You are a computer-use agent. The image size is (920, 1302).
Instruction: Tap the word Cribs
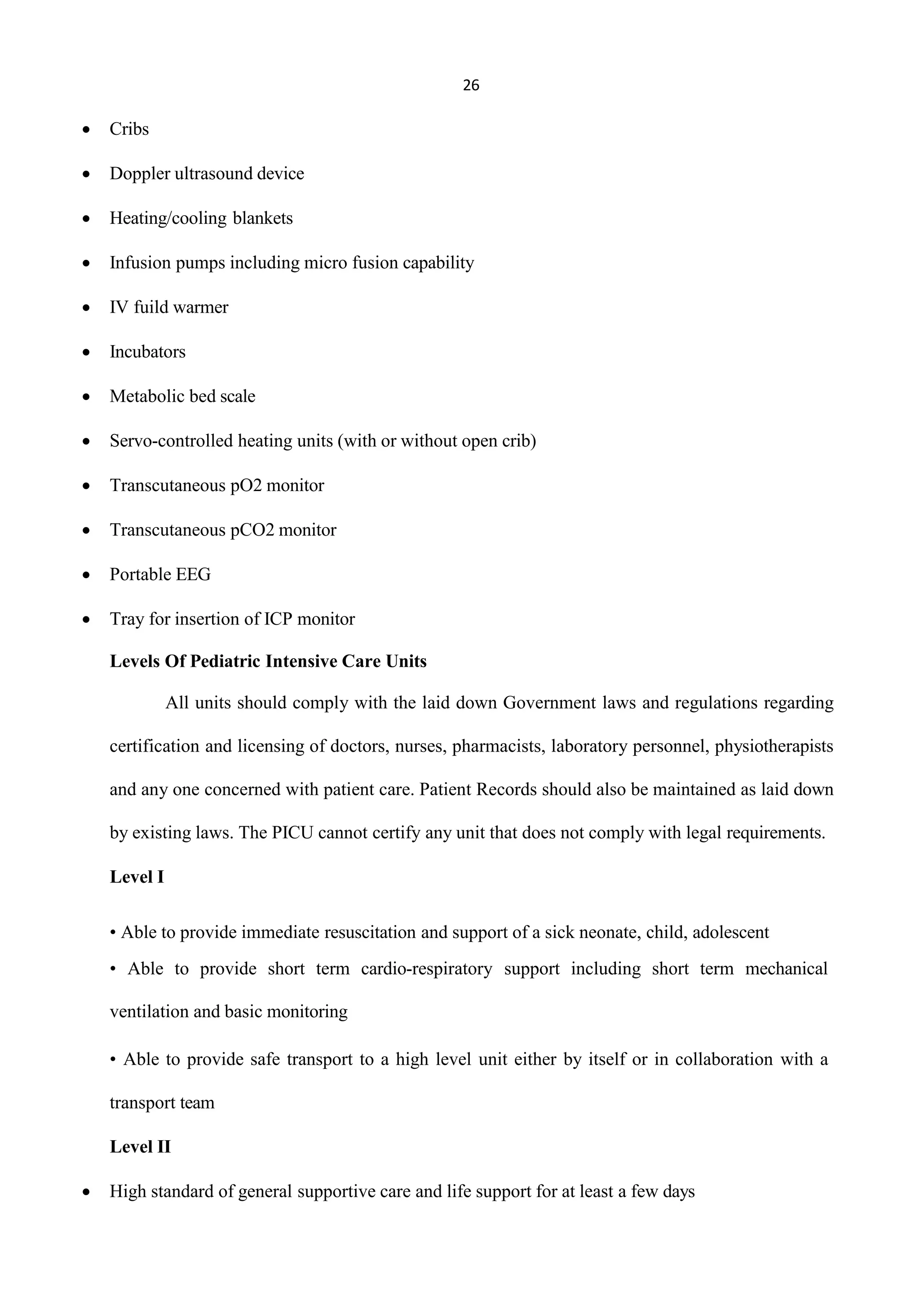(129, 129)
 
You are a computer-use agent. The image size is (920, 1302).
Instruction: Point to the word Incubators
(147, 352)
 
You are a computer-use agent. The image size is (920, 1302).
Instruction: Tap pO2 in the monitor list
(246, 486)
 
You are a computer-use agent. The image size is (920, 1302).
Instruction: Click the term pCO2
(252, 530)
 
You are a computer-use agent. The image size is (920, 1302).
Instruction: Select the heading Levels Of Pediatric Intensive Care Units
(268, 662)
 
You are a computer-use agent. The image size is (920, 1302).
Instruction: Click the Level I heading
(137, 877)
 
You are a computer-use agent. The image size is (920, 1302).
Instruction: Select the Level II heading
(140, 1147)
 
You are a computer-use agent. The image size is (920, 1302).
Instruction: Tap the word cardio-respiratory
(426, 969)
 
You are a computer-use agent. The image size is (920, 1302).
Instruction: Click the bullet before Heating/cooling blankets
(86, 218)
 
